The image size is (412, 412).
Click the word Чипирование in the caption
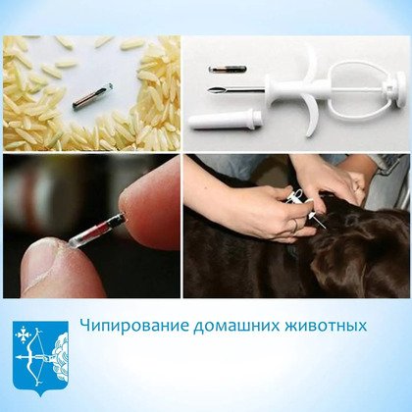pos(134,326)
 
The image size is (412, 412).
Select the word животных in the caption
pos(326,326)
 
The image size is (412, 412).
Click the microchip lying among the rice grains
pos(92,96)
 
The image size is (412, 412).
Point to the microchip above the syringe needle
pos(228,69)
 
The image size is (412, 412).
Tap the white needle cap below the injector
pos(225,120)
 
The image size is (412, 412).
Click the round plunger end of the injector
pos(400,89)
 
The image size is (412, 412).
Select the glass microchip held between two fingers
pos(97,231)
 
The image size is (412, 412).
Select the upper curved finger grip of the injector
pos(310,66)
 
